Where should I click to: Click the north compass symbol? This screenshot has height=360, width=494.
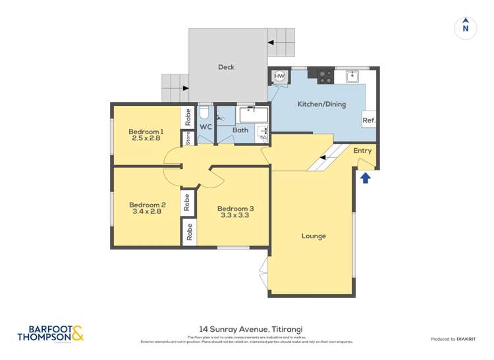466,28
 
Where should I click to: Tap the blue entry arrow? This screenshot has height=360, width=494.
366,177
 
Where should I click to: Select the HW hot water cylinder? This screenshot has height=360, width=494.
279,77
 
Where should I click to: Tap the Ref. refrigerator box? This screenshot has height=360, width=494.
369,120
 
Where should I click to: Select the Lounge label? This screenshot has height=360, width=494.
314,236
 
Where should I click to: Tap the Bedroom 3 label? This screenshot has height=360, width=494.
235,209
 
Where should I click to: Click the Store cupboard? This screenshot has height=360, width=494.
188,138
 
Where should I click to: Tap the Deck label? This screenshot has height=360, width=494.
226,67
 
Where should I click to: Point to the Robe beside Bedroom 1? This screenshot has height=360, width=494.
188,116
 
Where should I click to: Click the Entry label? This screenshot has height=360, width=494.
362,151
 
